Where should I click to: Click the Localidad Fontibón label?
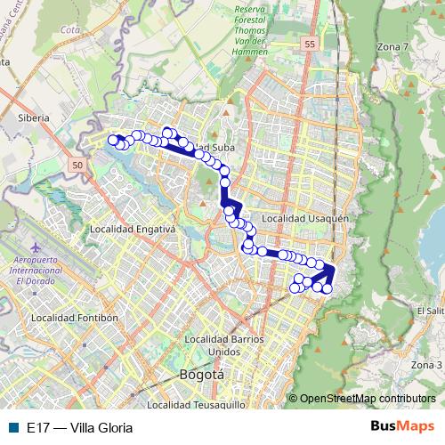[x=74, y=318]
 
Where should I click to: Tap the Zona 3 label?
[x=426, y=365]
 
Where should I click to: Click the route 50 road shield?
[x=78, y=165]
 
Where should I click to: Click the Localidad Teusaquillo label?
[x=196, y=404]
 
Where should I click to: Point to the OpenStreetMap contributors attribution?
[x=368, y=399]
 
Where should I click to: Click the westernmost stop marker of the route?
[x=113, y=140]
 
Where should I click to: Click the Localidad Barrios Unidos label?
[x=224, y=344]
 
